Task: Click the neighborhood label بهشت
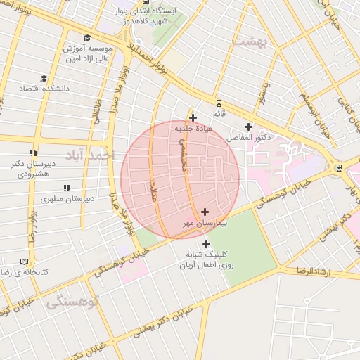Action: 252,41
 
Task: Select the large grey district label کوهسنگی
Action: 73,303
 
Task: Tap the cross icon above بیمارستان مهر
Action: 205,212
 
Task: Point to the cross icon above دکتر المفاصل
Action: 248,127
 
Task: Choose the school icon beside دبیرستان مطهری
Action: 67,188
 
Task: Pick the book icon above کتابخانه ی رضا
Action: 25,261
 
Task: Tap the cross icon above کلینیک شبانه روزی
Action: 205,243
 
